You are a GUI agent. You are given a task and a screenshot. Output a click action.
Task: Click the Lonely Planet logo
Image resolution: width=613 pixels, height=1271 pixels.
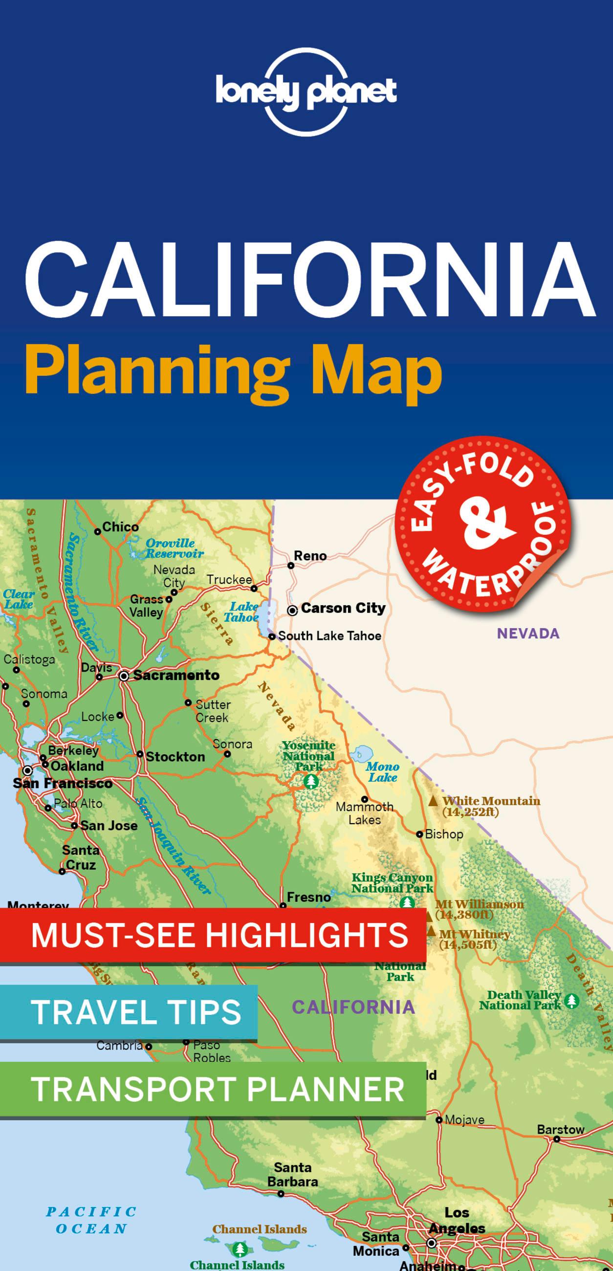306,92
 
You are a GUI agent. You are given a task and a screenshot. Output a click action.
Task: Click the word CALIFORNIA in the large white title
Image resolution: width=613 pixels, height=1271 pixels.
310,280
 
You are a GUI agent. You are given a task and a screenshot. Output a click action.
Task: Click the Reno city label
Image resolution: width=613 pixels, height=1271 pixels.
310,555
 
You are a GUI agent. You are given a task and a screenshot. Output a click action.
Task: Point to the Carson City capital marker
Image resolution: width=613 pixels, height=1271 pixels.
292,611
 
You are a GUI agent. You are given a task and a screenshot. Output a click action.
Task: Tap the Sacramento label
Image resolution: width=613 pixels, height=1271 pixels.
176,675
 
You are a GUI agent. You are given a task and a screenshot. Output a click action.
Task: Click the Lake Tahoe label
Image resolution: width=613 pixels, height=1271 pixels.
242,612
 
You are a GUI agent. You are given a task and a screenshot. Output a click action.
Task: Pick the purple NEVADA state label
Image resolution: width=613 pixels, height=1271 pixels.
527,633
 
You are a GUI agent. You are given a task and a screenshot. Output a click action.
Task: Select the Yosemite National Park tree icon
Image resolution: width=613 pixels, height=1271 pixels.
311,782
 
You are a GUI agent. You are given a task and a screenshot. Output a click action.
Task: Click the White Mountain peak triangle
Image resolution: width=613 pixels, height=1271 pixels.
433,801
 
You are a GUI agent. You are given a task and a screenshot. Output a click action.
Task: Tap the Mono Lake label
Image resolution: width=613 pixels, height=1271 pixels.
382,772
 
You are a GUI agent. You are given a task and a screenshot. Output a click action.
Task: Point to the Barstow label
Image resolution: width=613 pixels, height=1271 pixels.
560,1129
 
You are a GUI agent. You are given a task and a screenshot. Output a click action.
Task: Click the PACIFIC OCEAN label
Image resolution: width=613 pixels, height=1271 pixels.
91,1220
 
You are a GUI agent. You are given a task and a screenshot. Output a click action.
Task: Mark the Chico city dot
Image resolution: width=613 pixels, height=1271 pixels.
98,532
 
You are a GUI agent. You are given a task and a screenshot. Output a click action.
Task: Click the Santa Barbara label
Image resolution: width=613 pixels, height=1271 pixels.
293,1175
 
